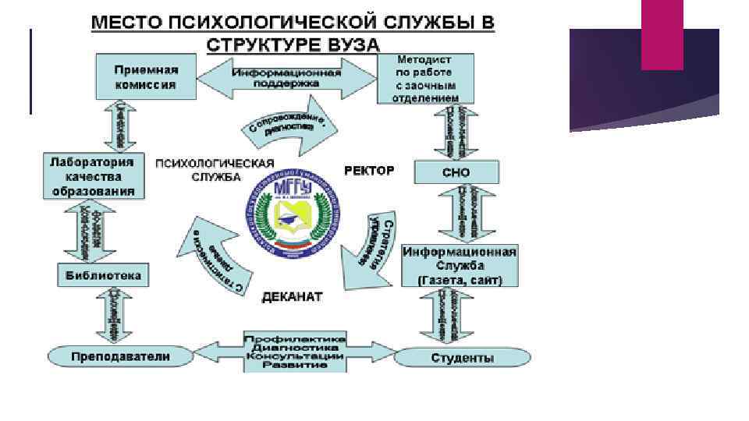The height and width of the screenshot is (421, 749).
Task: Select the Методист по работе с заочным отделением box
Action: tap(424, 79)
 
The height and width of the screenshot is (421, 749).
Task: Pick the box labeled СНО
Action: tap(456, 172)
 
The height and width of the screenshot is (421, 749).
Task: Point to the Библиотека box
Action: tap(104, 274)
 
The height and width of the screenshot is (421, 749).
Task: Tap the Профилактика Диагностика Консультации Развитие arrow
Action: tap(296, 352)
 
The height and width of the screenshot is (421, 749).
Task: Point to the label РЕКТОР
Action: tap(369, 170)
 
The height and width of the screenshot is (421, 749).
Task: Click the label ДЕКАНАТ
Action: tap(292, 297)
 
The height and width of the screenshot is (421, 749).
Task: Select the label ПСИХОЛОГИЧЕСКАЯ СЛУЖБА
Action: tap(215, 170)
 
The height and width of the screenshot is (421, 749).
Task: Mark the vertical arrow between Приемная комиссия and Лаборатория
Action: tap(122, 126)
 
